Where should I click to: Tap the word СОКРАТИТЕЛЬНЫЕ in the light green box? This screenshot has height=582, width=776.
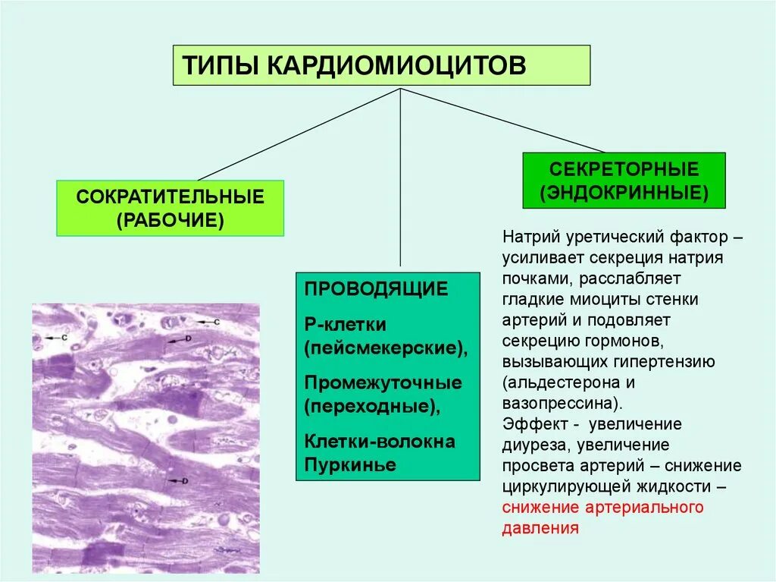coord(170,197)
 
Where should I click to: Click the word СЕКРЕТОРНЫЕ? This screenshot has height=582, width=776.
coord(624,168)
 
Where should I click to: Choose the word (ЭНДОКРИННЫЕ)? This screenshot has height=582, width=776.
coord(624,191)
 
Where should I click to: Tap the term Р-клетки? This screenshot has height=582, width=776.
coord(346,325)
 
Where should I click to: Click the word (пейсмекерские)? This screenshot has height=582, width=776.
coord(385,348)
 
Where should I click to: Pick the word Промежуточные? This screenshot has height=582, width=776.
coord(383,382)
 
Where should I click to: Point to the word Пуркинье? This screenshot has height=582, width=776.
coord(350,464)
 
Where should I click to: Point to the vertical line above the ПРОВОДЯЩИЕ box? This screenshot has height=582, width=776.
coord(400,182)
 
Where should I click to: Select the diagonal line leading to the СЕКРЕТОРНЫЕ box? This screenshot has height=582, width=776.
coord(502,120)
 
